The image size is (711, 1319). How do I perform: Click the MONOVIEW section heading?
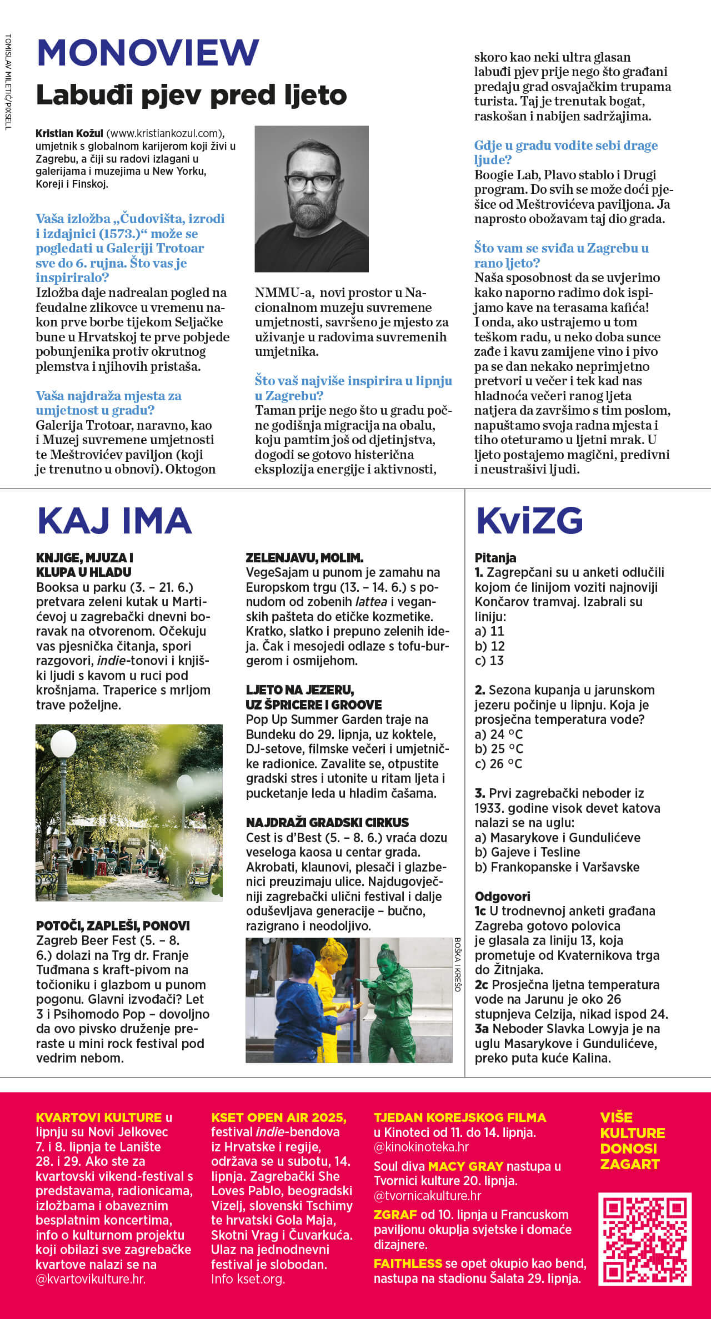click(148, 53)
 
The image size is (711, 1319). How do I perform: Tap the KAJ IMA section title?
click(114, 521)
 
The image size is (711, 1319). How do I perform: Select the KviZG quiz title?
click(529, 521)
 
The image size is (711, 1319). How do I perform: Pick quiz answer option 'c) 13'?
click(489, 661)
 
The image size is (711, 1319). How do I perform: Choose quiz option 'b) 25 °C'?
click(499, 749)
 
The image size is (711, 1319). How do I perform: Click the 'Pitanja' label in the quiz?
click(495, 558)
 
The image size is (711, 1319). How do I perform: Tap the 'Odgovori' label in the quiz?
click(502, 896)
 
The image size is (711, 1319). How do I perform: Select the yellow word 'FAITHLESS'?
click(408, 1263)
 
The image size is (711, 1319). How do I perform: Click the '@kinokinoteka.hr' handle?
click(421, 1147)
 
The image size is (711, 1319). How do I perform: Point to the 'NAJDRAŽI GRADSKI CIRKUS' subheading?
click(327, 823)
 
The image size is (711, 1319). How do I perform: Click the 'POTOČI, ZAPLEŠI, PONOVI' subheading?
click(113, 925)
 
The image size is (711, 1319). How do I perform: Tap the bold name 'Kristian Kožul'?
click(69, 133)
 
